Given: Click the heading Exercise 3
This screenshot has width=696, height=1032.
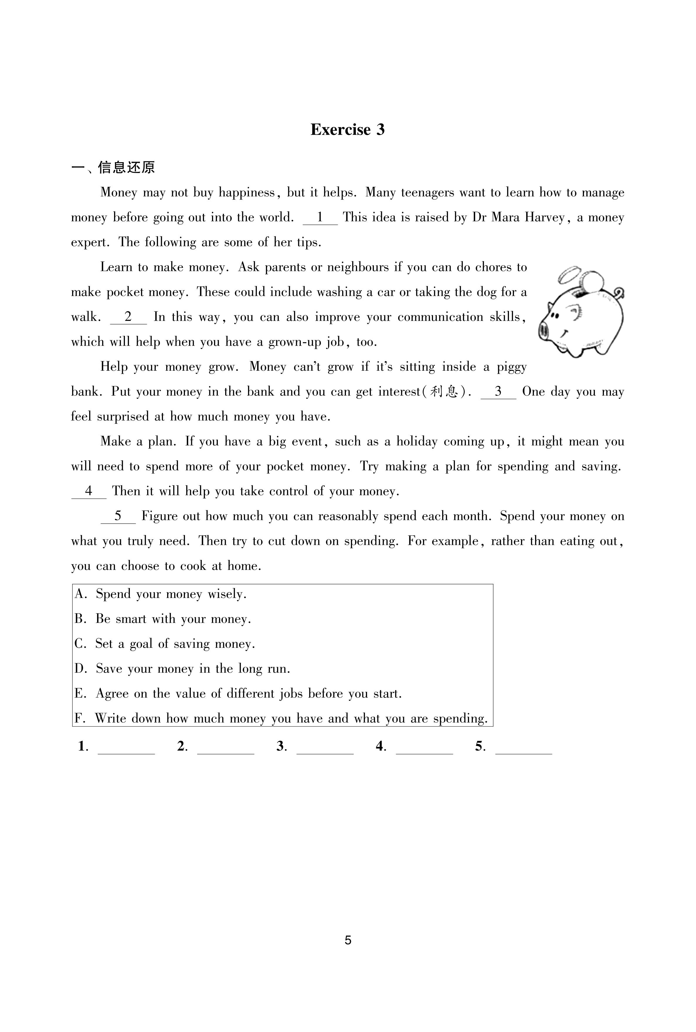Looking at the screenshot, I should [347, 130].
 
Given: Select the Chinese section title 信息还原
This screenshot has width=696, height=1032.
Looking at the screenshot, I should [126, 167].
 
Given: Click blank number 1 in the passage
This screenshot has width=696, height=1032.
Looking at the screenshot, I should [320, 218].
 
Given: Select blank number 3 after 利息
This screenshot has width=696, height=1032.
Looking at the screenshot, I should [498, 392].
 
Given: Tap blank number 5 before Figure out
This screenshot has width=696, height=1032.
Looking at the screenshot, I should [118, 516].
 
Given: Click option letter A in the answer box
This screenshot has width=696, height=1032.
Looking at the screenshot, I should [80, 594].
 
